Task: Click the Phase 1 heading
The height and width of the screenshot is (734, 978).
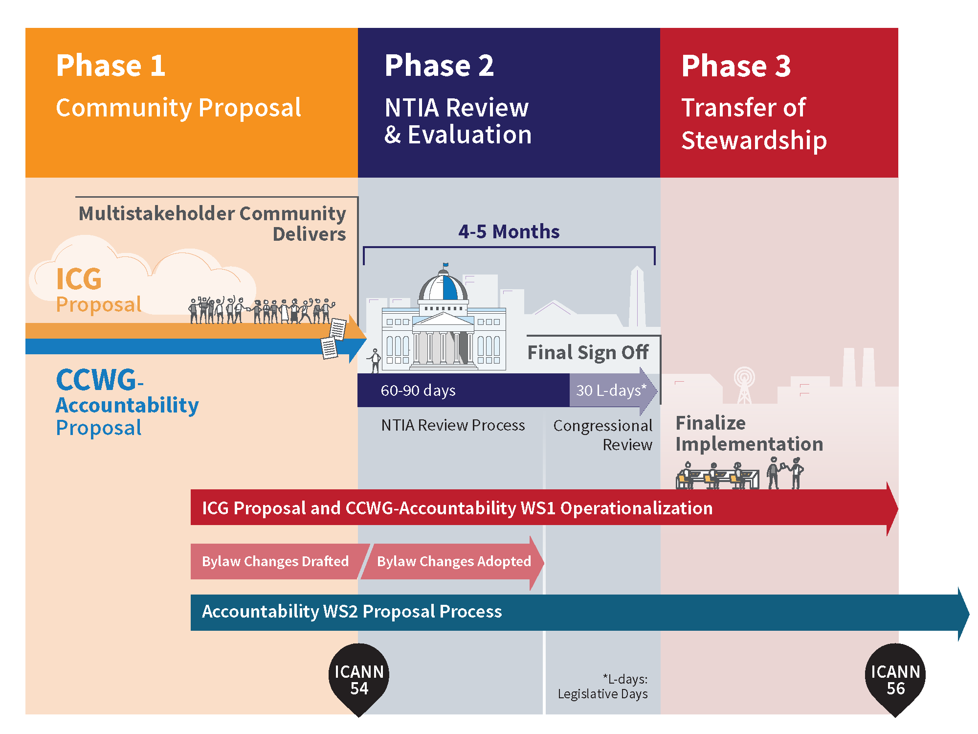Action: pyautogui.click(x=111, y=66)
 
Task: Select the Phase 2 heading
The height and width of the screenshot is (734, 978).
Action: pyautogui.click(x=439, y=66)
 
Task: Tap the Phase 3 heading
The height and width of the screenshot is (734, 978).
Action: pyautogui.click(x=736, y=66)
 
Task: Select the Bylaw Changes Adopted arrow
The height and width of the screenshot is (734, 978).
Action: pyautogui.click(x=452, y=561)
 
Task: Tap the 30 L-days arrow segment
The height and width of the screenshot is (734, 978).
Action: pyautogui.click(x=613, y=390)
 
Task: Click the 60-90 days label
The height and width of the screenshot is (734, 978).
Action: pyautogui.click(x=418, y=390)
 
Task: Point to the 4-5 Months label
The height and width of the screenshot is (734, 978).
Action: pyautogui.click(x=509, y=231)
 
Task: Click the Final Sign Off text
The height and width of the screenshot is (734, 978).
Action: pyautogui.click(x=588, y=352)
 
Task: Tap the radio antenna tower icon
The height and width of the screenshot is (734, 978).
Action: pyautogui.click(x=744, y=386)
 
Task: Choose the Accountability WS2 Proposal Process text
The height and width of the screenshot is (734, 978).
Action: pyautogui.click(x=352, y=612)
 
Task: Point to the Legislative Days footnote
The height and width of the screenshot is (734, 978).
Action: pyautogui.click(x=602, y=687)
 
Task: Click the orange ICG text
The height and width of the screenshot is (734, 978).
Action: pyautogui.click(x=79, y=279)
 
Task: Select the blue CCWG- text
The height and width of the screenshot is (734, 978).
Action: pyautogui.click(x=100, y=380)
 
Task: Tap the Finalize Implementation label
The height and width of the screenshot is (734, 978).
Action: pyautogui.click(x=749, y=434)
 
